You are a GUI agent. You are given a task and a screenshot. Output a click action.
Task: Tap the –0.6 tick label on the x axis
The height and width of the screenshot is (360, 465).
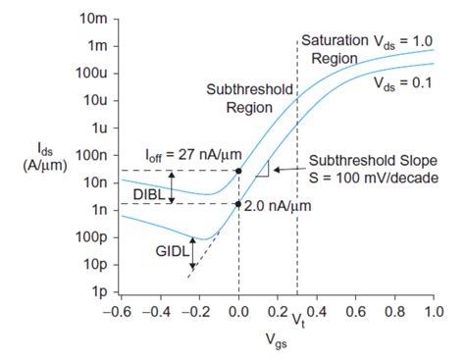(119, 311)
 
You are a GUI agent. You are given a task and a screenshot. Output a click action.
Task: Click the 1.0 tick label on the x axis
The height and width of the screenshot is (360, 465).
(431, 311)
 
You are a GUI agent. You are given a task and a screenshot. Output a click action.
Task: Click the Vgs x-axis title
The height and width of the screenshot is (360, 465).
(276, 340)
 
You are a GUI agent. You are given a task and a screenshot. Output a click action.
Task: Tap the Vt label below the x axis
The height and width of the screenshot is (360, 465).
(297, 321)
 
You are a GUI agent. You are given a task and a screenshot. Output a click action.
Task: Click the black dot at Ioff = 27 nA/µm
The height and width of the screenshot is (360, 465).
(238, 171)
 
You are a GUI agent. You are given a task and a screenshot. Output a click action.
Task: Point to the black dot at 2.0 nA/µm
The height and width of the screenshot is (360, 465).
(238, 204)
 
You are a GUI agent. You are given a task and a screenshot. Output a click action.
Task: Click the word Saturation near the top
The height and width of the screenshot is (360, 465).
(336, 40)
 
